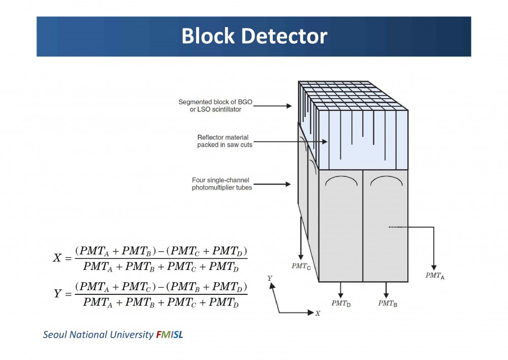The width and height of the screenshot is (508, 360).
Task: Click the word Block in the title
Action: [208, 36]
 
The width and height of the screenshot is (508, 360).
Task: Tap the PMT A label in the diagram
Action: [435, 276]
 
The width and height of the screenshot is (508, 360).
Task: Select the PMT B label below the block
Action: [388, 304]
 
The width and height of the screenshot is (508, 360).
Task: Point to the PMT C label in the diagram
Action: [301, 266]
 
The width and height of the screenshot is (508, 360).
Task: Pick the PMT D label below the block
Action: [341, 304]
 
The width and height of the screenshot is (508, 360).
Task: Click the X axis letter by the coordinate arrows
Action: [317, 313]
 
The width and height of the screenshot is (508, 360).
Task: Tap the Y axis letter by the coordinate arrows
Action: [270, 278]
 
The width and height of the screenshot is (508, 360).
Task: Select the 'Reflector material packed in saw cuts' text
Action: [225, 141]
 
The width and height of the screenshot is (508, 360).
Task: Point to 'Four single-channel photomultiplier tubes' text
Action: [222, 184]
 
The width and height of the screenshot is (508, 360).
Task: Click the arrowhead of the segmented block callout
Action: [289, 106]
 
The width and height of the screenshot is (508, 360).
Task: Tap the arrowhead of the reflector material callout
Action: [325, 142]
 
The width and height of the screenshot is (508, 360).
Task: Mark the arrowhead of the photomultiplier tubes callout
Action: [288, 184]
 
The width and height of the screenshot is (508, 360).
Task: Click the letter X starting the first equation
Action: [57, 258]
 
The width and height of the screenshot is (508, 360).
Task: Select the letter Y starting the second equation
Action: [57, 293]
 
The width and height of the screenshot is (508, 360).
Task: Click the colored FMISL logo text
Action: [170, 335]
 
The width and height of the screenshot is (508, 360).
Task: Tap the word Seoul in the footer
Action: [55, 335]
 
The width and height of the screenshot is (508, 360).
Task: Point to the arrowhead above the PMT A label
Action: [434, 267]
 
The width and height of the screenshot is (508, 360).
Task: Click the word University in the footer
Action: [132, 335]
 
